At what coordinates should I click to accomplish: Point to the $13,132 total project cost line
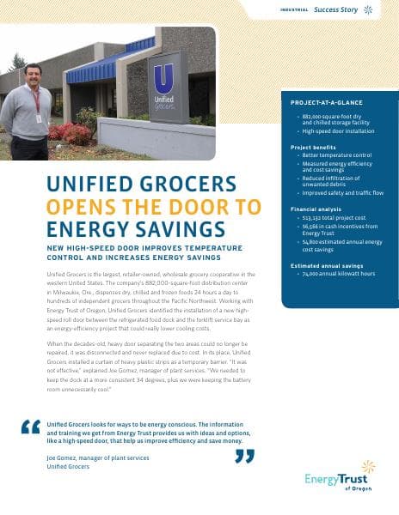tap(330, 219)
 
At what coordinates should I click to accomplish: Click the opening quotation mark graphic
tap(30, 427)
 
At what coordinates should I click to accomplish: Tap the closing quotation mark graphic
tap(244, 454)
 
